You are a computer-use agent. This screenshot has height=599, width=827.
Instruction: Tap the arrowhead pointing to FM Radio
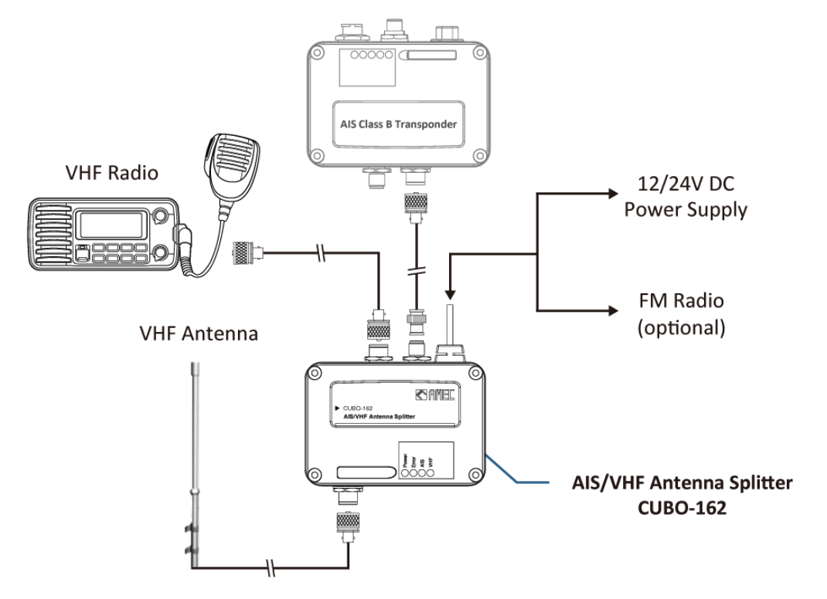tap(614, 311)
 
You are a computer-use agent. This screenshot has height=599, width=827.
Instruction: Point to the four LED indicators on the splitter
tap(417, 470)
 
